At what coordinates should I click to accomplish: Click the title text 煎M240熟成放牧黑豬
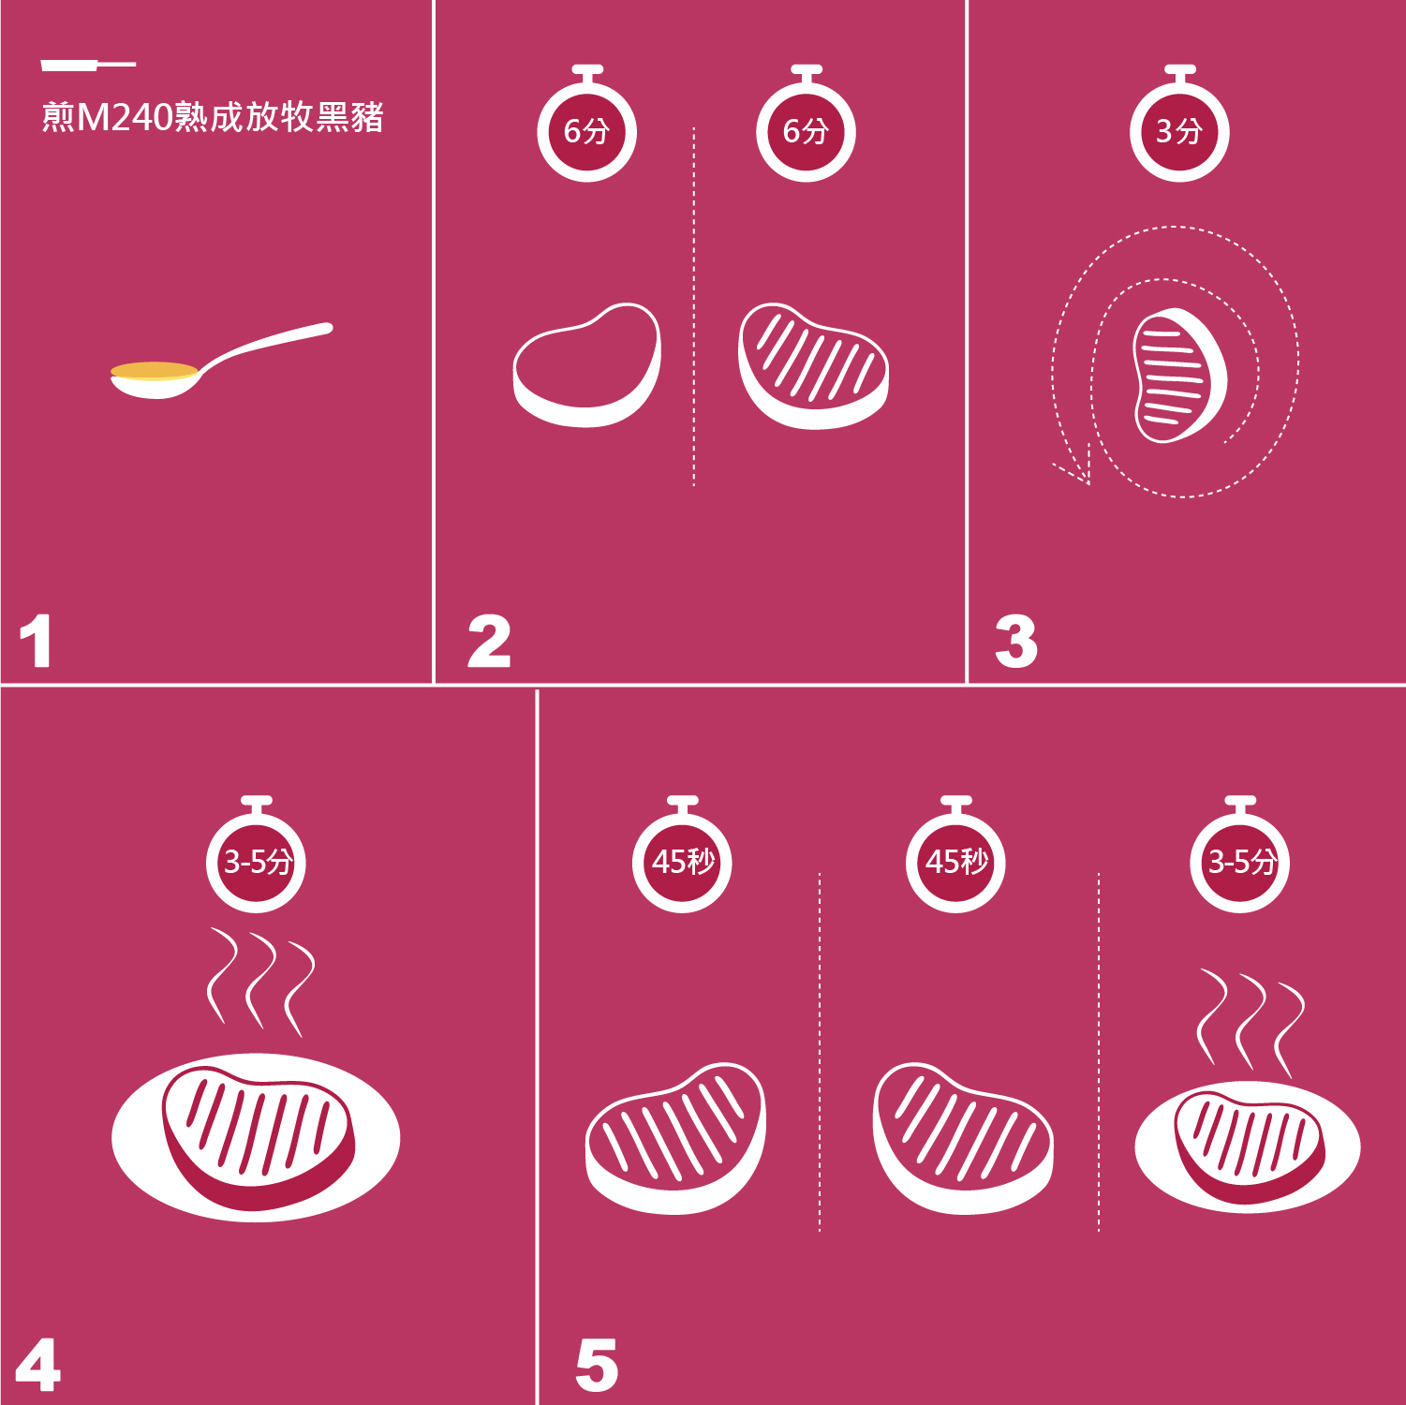coord(213,117)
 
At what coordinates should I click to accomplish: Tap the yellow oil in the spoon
coord(155,371)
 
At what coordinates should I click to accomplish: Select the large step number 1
coord(37,642)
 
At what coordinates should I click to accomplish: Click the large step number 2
coord(489,642)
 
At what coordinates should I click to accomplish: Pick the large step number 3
coord(1016,642)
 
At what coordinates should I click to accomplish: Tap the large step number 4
coord(38,1365)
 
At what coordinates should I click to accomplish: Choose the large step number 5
coord(597,1365)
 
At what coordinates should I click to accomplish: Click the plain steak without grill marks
coord(586,365)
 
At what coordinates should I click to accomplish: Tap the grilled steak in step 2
coord(813,365)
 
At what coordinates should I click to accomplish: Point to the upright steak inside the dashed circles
coord(1179,376)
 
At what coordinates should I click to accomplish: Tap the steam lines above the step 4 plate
coord(260,982)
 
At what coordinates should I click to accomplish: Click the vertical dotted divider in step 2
coord(694,307)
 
